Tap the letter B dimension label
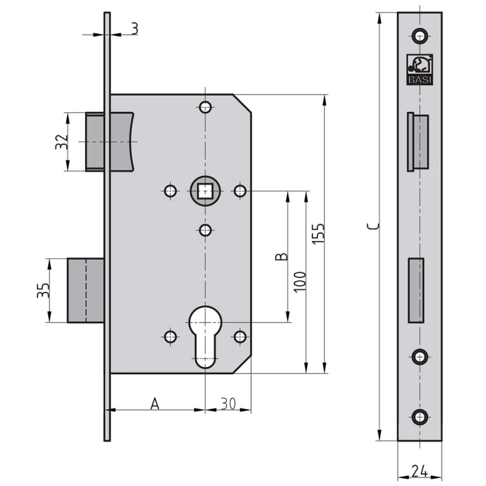pos(281,256)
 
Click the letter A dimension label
pos(156,403)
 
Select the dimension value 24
pos(419,470)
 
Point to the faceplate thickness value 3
pos(134,27)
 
